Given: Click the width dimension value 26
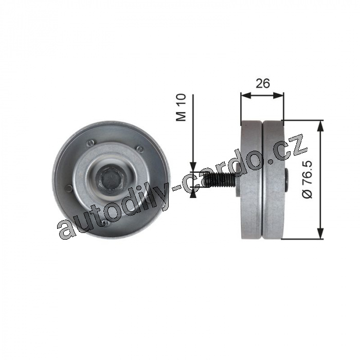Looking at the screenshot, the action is [x=263, y=83].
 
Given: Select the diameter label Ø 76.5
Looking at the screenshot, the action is [x=308, y=179].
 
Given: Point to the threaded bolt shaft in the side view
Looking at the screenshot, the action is [x=219, y=179].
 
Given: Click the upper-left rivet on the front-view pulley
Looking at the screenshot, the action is [x=91, y=143].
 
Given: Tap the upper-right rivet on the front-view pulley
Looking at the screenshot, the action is [x=139, y=148].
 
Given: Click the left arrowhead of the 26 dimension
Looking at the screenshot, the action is [x=246, y=95].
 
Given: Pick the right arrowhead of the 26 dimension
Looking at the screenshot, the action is [x=279, y=95].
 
